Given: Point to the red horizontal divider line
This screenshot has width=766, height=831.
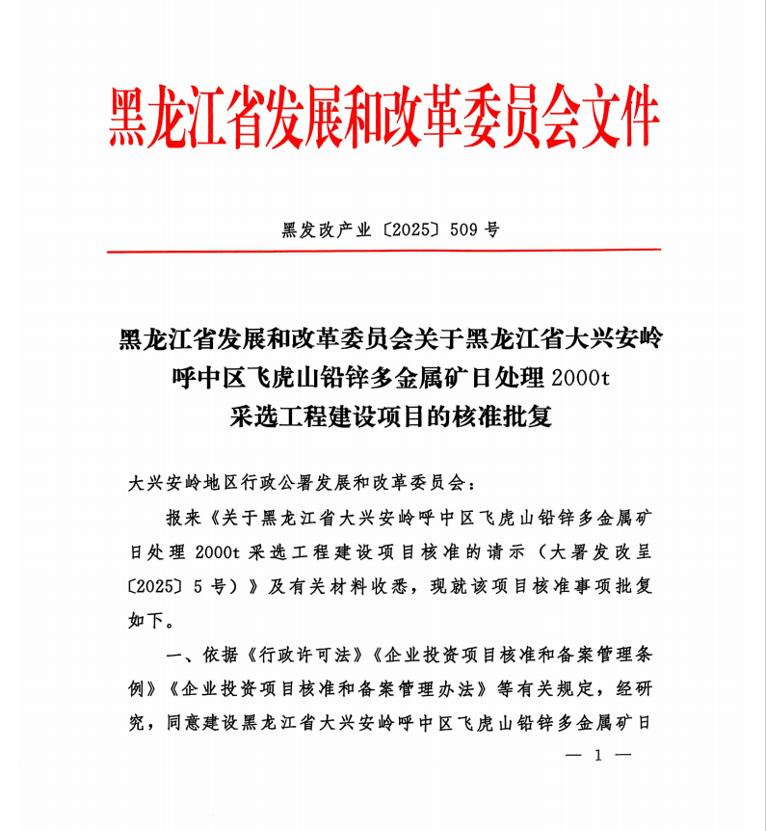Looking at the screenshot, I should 383,251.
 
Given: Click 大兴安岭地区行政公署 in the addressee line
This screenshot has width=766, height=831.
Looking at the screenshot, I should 211,480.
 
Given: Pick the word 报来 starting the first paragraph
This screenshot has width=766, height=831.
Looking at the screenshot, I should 183,518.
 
